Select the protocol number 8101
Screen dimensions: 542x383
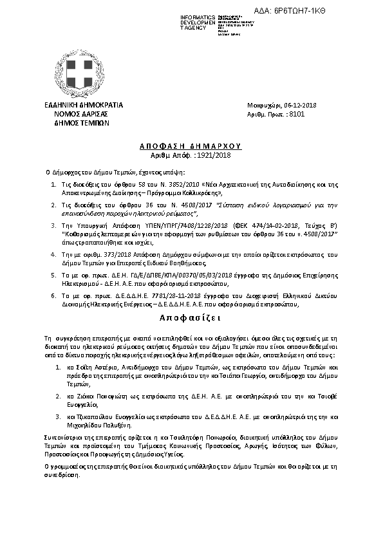pyautogui.click(x=297, y=113)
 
